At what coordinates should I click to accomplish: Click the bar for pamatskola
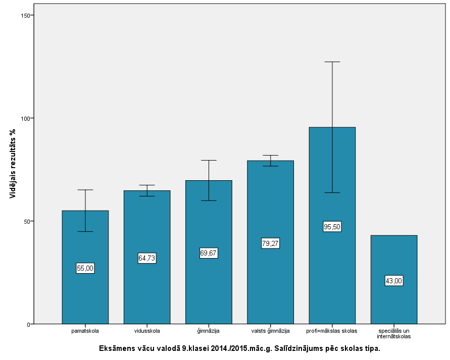pyautogui.click(x=85, y=293)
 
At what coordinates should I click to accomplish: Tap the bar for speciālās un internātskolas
pyautogui.click(x=393, y=303)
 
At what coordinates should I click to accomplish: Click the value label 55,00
pyautogui.click(x=85, y=268)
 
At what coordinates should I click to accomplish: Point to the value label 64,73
pyautogui.click(x=146, y=258)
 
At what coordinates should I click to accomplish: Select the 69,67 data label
pyautogui.click(x=209, y=253)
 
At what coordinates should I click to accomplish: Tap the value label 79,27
pyautogui.click(x=270, y=243)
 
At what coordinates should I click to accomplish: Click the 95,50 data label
pyautogui.click(x=332, y=227)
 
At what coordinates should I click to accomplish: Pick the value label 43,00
pyautogui.click(x=393, y=281)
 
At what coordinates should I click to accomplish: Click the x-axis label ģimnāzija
pyautogui.click(x=209, y=331)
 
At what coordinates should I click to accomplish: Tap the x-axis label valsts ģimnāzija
pyautogui.click(x=270, y=331)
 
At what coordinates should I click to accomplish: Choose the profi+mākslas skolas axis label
pyautogui.click(x=332, y=331)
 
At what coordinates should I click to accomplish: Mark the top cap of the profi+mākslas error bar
pyautogui.click(x=332, y=62)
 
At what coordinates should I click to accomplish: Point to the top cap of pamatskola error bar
pyautogui.click(x=85, y=190)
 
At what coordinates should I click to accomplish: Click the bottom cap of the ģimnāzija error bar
pyautogui.click(x=209, y=200)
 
